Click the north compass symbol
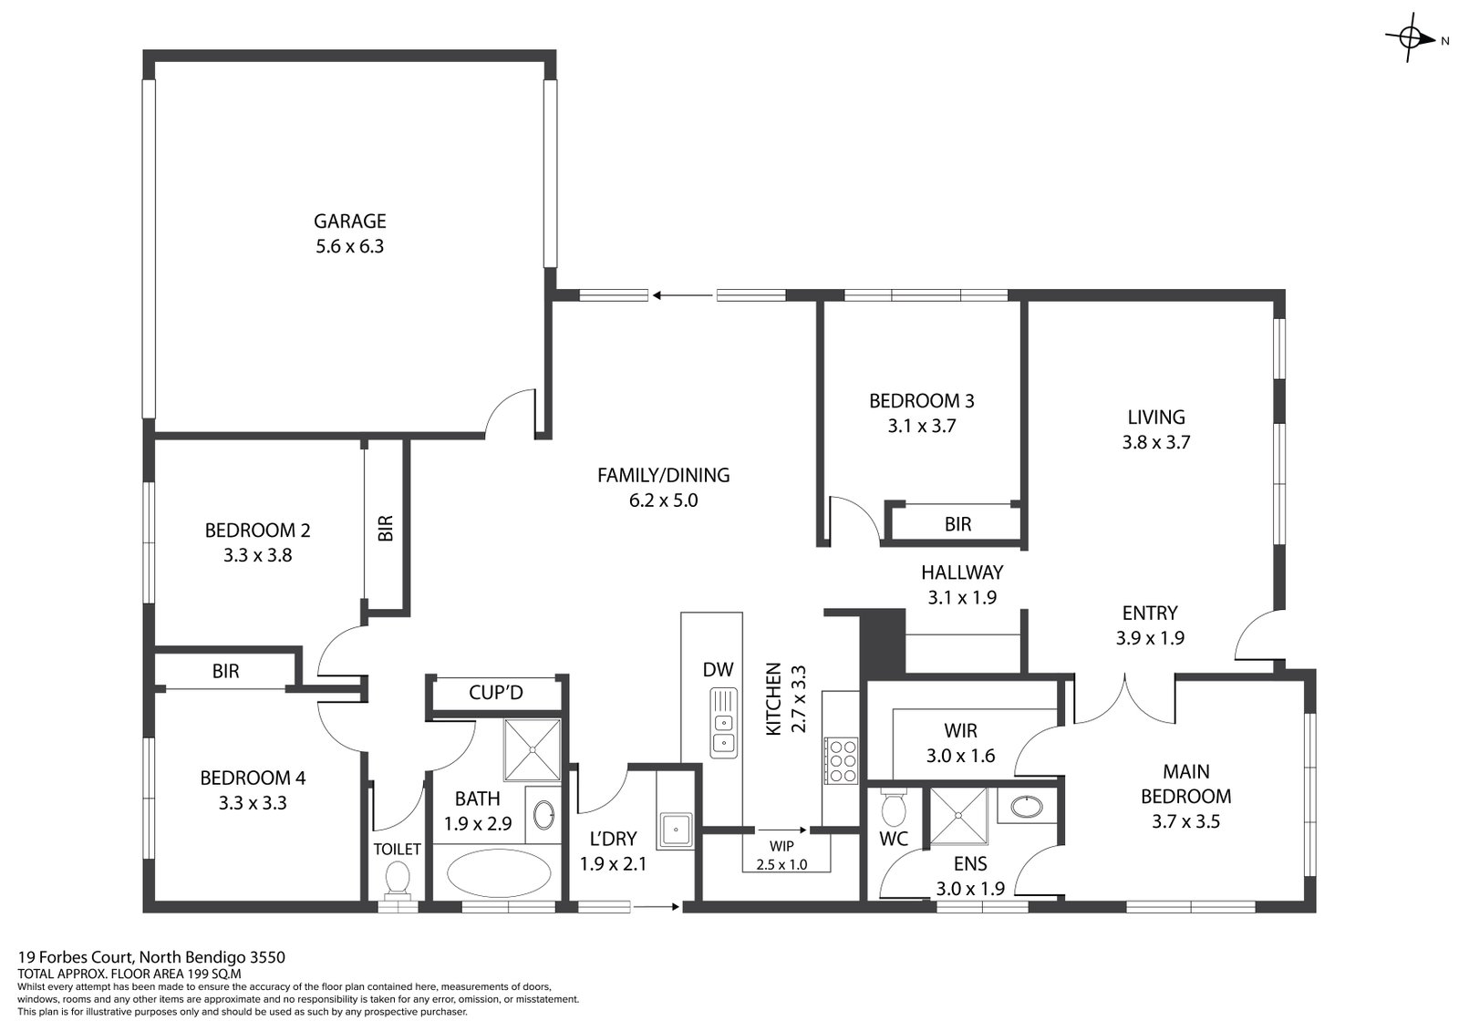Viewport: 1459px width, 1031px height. pos(1410,38)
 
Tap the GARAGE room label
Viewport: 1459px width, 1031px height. pos(350,222)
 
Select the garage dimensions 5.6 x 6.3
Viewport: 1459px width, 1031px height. pos(350,247)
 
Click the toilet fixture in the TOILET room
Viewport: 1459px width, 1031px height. pos(398,877)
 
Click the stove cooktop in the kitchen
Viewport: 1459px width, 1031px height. pos(841,760)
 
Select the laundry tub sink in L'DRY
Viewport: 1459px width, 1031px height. pos(676,830)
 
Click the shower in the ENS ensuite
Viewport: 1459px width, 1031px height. pos(958,816)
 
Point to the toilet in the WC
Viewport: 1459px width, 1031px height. pos(893,808)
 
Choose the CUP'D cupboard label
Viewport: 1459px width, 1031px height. pos(496,692)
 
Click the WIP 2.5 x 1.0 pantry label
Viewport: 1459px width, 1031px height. pos(781,855)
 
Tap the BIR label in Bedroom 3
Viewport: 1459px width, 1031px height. pos(957,523)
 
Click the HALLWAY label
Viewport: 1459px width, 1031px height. pos(962,572)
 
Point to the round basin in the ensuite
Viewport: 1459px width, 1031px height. pos(1027,807)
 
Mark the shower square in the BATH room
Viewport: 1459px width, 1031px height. pos(533,749)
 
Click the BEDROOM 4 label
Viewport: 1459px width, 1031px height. pos(253,778)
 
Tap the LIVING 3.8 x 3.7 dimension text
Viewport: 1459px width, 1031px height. pos(1156,443)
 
